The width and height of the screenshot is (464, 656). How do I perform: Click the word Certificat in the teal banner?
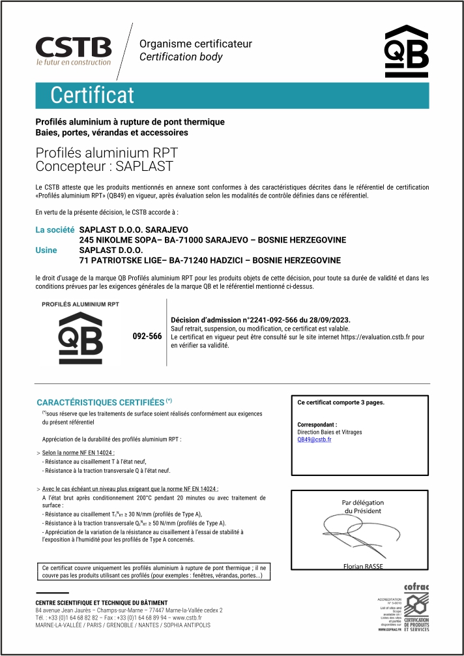click(92, 95)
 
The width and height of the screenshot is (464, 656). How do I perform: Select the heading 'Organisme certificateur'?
click(196, 44)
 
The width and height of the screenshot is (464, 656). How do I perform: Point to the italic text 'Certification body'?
click(181, 57)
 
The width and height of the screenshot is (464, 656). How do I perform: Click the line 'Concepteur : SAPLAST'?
click(104, 166)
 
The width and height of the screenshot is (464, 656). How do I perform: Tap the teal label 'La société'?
click(55, 230)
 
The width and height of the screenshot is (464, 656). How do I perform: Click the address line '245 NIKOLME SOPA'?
click(212, 240)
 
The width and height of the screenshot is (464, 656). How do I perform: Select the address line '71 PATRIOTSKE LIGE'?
click(209, 260)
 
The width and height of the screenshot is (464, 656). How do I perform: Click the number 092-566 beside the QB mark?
click(147, 336)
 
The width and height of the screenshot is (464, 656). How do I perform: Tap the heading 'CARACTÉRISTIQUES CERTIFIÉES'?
click(100, 402)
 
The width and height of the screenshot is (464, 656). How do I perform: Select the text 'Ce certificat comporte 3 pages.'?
click(340, 402)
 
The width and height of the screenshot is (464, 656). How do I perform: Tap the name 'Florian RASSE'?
click(363, 566)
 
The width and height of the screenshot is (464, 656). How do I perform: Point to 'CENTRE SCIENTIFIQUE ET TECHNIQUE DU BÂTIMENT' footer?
click(101, 602)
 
